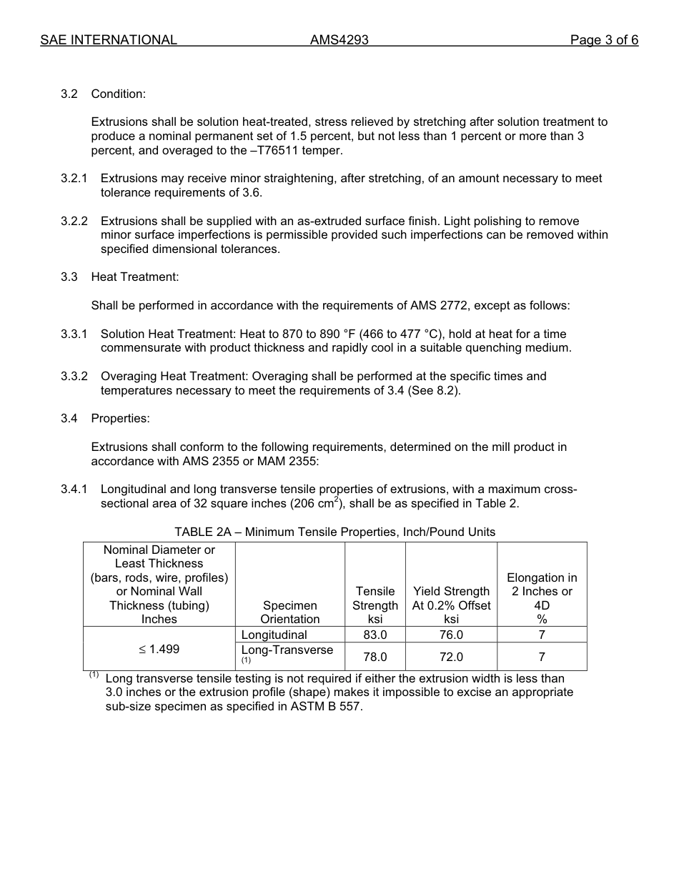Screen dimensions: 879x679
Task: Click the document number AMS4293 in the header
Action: [x=339, y=40]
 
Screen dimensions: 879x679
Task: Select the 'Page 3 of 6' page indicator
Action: [x=604, y=40]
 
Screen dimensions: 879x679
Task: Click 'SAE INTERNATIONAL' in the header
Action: [x=109, y=40]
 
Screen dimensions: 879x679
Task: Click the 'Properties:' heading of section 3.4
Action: [x=120, y=419]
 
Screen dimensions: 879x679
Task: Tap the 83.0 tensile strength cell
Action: [x=375, y=635]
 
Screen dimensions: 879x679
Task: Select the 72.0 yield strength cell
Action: [x=451, y=657]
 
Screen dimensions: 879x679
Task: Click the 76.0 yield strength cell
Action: [x=451, y=635]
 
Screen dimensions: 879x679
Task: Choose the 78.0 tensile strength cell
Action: [x=375, y=657]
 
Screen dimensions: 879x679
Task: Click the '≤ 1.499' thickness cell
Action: [x=159, y=649]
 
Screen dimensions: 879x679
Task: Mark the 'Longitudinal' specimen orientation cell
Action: [x=274, y=635]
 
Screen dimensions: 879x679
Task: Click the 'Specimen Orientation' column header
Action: [x=289, y=612]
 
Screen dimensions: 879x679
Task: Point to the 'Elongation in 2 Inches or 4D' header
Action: [x=542, y=592]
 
